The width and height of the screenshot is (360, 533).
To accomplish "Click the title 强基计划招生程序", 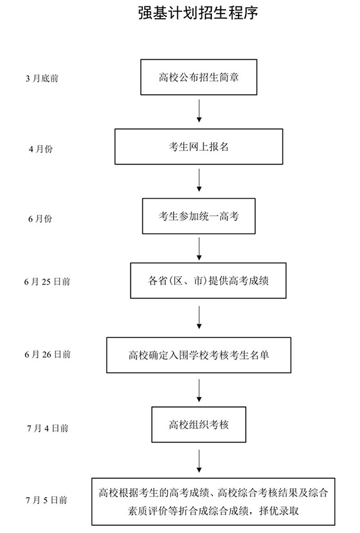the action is [x=198, y=12].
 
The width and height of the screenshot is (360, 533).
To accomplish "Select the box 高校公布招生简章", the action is [x=199, y=77].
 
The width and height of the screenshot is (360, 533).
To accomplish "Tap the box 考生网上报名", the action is [x=199, y=146].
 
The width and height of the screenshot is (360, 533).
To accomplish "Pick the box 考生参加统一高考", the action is [x=199, y=216].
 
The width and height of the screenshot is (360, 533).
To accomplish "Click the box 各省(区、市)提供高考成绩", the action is [x=208, y=281].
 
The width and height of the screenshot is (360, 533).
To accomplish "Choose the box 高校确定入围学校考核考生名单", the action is [x=199, y=355].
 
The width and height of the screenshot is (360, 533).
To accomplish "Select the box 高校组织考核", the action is [x=199, y=424].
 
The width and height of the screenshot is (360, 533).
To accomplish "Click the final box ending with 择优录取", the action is [x=213, y=502].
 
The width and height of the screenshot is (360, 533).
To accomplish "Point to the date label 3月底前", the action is [x=42, y=79].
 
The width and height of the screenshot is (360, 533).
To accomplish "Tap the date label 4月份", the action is [x=40, y=149].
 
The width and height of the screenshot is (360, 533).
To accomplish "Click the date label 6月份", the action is [x=40, y=218].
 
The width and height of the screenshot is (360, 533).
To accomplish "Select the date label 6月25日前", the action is [x=47, y=282].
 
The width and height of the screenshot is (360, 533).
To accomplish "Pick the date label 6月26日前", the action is [x=47, y=354].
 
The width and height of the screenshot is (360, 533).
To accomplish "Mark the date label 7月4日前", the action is [x=47, y=428].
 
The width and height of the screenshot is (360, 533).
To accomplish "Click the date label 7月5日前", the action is [x=47, y=500].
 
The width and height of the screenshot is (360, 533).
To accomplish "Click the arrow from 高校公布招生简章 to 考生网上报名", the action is [x=199, y=110].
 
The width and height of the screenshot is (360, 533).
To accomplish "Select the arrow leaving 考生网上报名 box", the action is [x=199, y=180].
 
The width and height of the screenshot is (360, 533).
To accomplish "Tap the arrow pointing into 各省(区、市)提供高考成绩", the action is [x=199, y=249].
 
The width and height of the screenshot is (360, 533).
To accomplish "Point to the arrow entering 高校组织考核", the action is [x=199, y=391].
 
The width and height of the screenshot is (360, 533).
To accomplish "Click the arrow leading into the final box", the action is [x=199, y=461].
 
